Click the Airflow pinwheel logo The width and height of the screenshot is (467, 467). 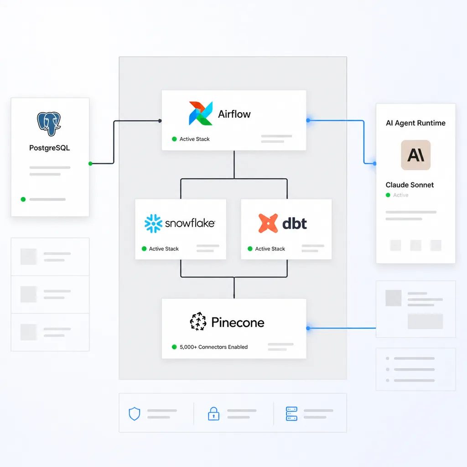pyautogui.click(x=201, y=113)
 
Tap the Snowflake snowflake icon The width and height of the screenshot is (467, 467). pyautogui.click(x=153, y=223)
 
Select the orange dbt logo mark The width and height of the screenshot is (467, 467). pyautogui.click(x=268, y=223)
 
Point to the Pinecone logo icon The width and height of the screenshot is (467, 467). pyautogui.click(x=198, y=322)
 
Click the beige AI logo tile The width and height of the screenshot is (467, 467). pyautogui.click(x=415, y=155)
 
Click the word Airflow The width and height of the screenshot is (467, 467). pyautogui.click(x=234, y=114)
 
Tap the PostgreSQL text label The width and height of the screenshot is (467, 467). pyautogui.click(x=49, y=148)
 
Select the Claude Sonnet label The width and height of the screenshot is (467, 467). pyautogui.click(x=410, y=185)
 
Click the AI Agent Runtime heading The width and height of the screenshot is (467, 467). pyautogui.click(x=415, y=123)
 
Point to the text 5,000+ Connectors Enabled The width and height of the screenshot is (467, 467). pyautogui.click(x=213, y=347)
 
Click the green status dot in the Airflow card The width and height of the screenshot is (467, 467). pyautogui.click(x=174, y=139)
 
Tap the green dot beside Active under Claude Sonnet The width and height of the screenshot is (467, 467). pyautogui.click(x=388, y=195)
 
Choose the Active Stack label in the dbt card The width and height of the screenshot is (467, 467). pyautogui.click(x=270, y=249)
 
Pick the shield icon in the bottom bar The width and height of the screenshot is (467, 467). pyautogui.click(x=135, y=414)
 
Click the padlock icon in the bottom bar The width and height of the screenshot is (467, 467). pyautogui.click(x=213, y=414)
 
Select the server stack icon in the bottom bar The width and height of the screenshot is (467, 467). pyautogui.click(x=291, y=414)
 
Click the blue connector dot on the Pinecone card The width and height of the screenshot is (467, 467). pyautogui.click(x=308, y=328)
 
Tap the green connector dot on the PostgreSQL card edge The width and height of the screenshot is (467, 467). pyautogui.click(x=90, y=164)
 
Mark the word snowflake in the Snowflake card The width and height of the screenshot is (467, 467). pyautogui.click(x=190, y=223)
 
